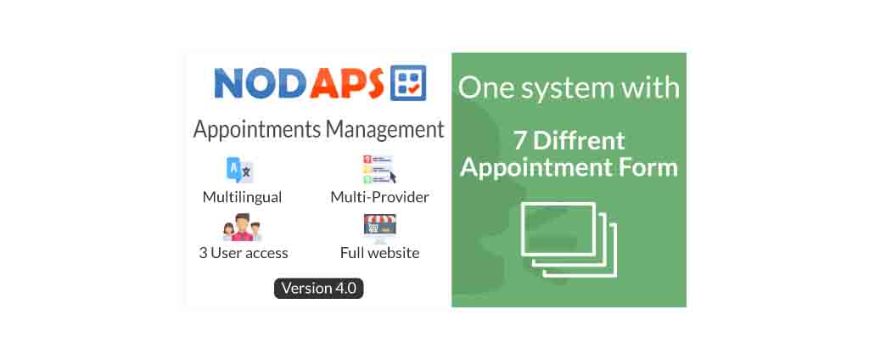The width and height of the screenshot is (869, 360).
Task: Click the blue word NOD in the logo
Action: pyautogui.click(x=260, y=83)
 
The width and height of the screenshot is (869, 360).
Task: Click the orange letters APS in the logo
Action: pyautogui.click(x=347, y=83)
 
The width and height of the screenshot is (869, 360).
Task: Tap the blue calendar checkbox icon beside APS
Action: pyautogui.click(x=408, y=82)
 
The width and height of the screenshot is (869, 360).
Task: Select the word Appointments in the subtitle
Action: pyautogui.click(x=257, y=130)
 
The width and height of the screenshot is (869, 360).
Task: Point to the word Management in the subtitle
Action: pyautogui.click(x=385, y=129)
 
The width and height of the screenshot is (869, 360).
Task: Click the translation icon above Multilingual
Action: pyautogui.click(x=240, y=171)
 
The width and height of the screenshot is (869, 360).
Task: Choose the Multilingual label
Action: pyautogui.click(x=242, y=198)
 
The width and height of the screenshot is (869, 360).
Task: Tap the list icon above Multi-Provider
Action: pyautogui.click(x=379, y=169)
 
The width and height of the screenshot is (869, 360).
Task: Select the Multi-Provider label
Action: pyautogui.click(x=379, y=197)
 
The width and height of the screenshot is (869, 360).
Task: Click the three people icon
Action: pyautogui.click(x=242, y=228)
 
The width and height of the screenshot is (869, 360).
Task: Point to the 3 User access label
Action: pyautogui.click(x=244, y=254)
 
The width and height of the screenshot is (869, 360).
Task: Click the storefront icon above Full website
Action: pyautogui.click(x=379, y=228)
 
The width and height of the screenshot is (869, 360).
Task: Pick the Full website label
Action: pyautogui.click(x=379, y=254)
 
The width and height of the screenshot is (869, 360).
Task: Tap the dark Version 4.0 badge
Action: pyautogui.click(x=319, y=289)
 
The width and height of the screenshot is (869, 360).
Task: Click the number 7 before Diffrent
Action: pyautogui.click(x=520, y=141)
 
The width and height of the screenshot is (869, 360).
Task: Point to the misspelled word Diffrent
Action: pyautogui.click(x=579, y=141)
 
